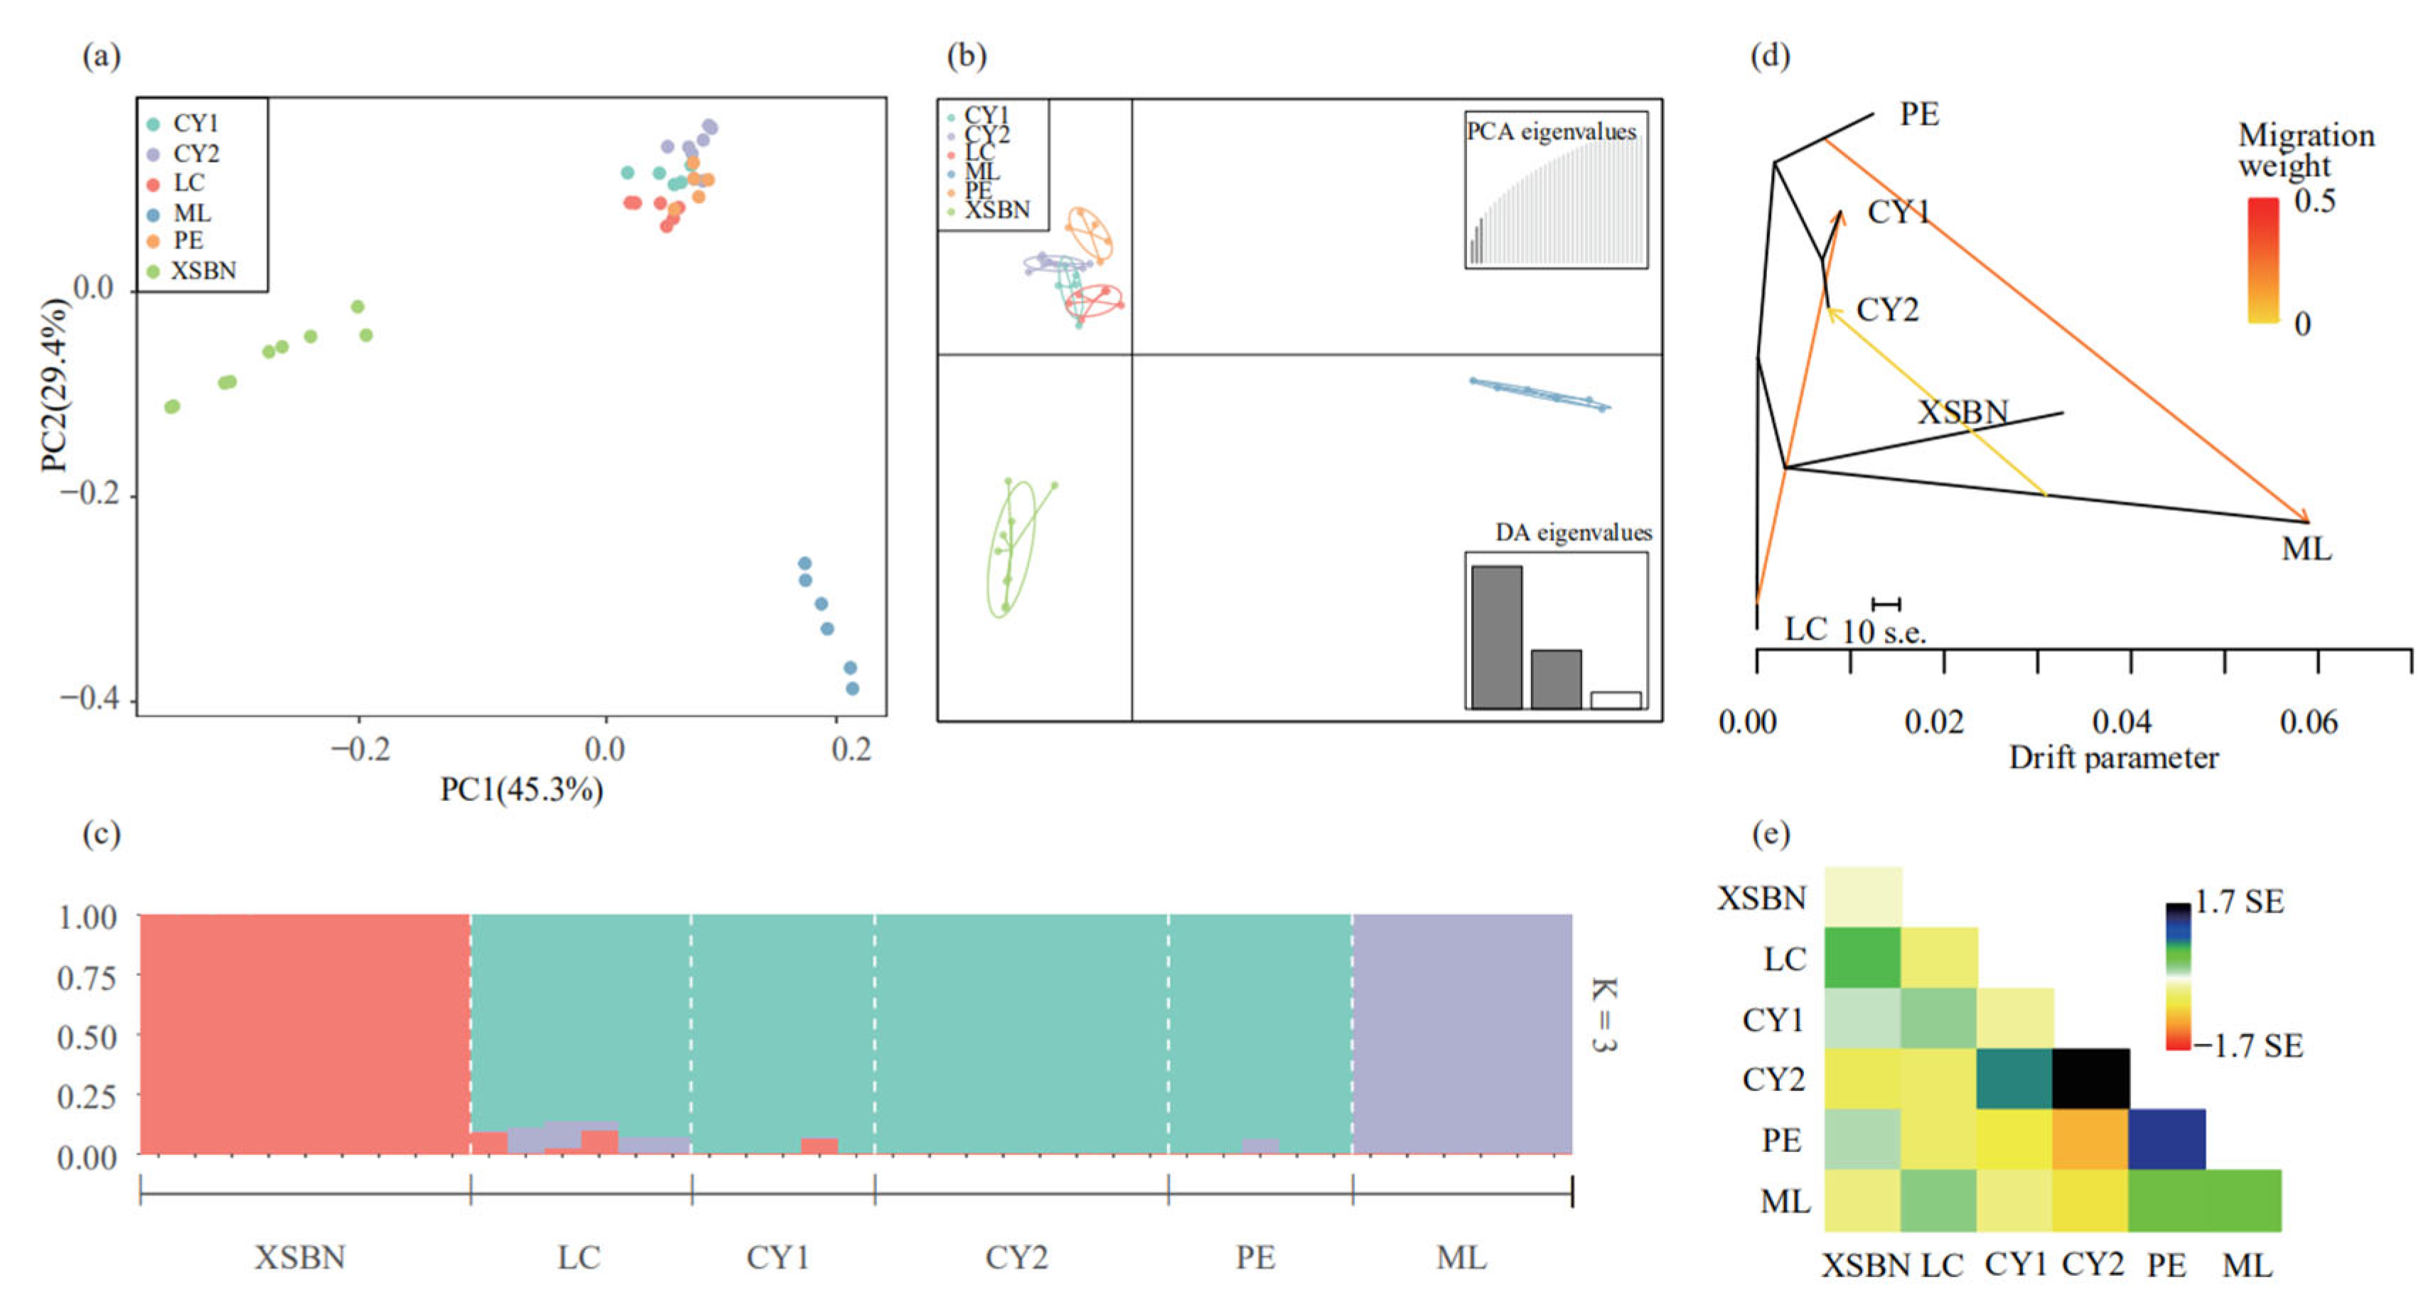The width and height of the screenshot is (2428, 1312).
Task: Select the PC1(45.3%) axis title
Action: tap(521, 790)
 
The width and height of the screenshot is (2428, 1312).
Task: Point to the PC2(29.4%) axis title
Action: tap(55, 385)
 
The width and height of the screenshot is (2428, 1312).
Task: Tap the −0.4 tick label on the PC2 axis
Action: tap(86, 699)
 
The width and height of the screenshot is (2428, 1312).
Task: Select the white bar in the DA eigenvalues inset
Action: tap(1616, 700)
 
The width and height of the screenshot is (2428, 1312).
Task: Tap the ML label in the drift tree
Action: tap(2306, 549)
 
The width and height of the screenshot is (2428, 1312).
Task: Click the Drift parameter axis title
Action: tap(2113, 758)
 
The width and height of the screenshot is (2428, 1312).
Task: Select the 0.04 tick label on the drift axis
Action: tap(2121, 722)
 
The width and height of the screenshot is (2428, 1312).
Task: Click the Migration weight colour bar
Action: tap(2262, 260)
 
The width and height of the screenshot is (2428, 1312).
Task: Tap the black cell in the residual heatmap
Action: tap(2090, 1078)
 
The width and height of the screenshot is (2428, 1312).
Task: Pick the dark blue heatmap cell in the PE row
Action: tap(2166, 1139)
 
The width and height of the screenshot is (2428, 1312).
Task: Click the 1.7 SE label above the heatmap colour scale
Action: tap(2238, 902)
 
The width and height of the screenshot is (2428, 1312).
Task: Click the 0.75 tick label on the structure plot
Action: tap(87, 977)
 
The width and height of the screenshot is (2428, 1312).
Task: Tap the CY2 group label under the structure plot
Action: tap(1016, 1257)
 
